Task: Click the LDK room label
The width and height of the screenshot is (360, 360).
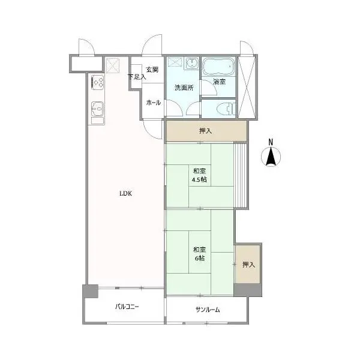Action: pyautogui.click(x=125, y=194)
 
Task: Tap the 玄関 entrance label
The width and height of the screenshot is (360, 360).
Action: pyautogui.click(x=152, y=70)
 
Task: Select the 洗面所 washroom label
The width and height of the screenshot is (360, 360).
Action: pyautogui.click(x=184, y=88)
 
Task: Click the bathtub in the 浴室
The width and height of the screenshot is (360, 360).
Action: pyautogui.click(x=218, y=66)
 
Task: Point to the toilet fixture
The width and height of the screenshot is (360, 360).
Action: pyautogui.click(x=226, y=109)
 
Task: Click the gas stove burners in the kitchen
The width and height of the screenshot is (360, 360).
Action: pyautogui.click(x=98, y=82)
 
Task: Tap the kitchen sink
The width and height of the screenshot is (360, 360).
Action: pyautogui.click(x=98, y=109)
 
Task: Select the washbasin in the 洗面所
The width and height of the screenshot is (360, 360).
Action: pyautogui.click(x=192, y=62)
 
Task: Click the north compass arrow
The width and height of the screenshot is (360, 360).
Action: pyautogui.click(x=271, y=157)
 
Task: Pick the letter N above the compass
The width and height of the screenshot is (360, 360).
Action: pyautogui.click(x=271, y=142)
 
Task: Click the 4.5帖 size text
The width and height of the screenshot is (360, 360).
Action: pyautogui.click(x=199, y=179)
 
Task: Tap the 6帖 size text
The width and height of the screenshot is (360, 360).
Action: pyautogui.click(x=200, y=258)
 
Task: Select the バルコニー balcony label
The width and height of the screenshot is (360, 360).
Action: pyautogui.click(x=127, y=307)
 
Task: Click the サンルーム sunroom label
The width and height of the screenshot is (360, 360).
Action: pyautogui.click(x=208, y=310)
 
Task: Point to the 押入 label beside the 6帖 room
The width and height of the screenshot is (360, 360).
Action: pyautogui.click(x=248, y=265)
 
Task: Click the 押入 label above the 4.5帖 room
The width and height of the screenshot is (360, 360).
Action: pyautogui.click(x=205, y=131)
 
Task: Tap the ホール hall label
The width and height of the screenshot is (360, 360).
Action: pyautogui.click(x=154, y=103)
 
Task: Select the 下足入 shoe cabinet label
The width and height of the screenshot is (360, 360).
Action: pyautogui.click(x=137, y=77)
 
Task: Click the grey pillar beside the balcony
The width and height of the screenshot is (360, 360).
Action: pyautogui.click(x=91, y=291)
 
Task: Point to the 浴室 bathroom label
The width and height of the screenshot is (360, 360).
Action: pyautogui.click(x=219, y=82)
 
